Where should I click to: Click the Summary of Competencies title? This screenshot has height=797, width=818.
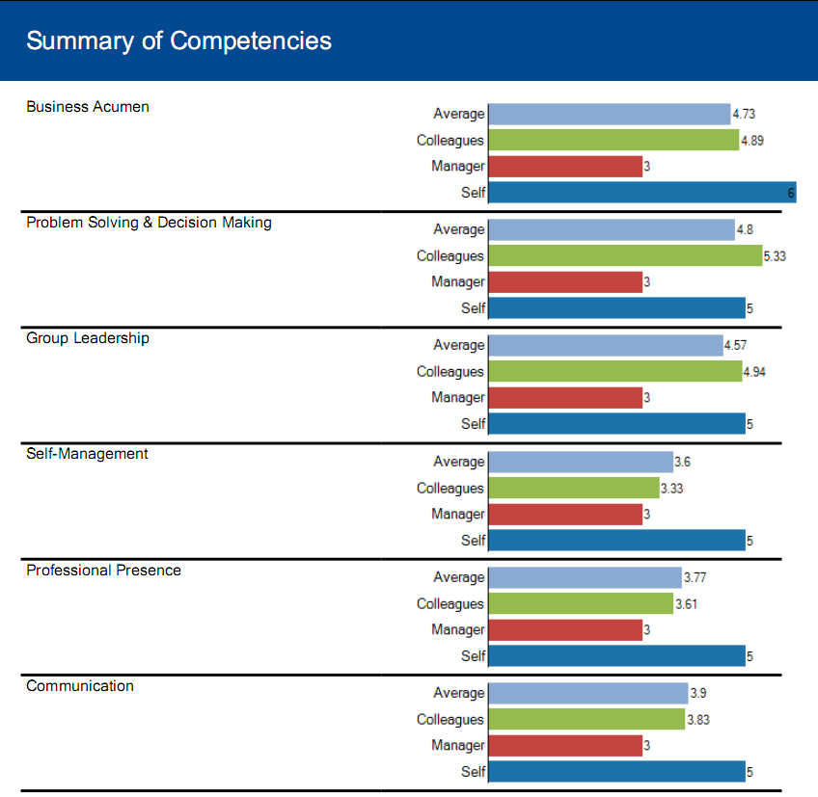[178, 40]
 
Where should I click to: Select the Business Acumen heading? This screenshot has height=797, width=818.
[88, 107]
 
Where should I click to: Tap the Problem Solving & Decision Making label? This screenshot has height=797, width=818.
[149, 223]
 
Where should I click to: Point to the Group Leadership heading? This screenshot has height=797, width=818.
[88, 338]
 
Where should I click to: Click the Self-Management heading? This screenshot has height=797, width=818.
[87, 454]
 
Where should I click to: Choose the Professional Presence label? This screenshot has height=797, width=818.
[103, 571]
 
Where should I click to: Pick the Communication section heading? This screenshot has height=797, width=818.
[80, 686]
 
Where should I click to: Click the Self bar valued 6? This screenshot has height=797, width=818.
[641, 193]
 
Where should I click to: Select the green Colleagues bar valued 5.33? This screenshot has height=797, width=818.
[625, 256]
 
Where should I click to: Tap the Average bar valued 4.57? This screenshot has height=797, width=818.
[606, 345]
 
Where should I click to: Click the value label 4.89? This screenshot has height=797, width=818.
[752, 141]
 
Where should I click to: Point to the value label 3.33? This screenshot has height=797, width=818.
[671, 489]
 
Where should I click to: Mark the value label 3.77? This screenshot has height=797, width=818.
[695, 578]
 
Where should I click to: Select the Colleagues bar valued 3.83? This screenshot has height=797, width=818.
[586, 720]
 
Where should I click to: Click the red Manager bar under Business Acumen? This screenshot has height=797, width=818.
[565, 167]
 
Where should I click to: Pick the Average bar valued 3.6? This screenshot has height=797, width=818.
[581, 462]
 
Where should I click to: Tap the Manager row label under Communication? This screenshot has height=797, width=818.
[458, 746]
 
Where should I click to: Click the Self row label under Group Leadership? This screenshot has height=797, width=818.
[473, 424]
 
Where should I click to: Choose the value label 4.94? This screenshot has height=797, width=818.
[754, 372]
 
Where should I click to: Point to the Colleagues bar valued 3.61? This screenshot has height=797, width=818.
[581, 604]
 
